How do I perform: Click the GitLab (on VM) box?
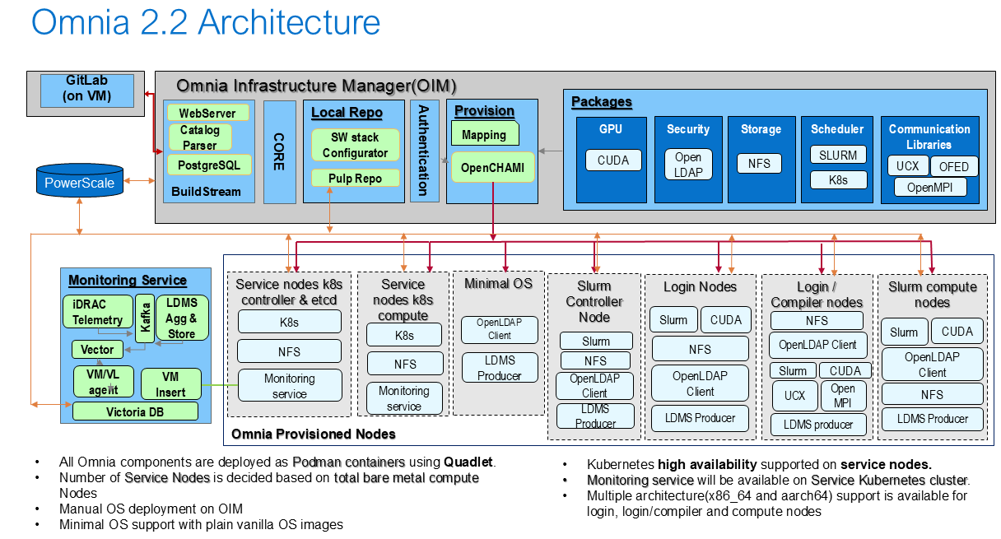pyautogui.click(x=87, y=91)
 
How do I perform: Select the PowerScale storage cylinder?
pyautogui.click(x=80, y=180)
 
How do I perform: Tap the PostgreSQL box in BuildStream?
pyautogui.click(x=209, y=165)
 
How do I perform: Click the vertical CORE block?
pyautogui.click(x=279, y=152)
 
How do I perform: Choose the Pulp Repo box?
pyautogui.click(x=356, y=179)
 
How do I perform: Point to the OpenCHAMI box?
pyautogui.click(x=493, y=168)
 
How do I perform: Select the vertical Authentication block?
pyautogui.click(x=424, y=151)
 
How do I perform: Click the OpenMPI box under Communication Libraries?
pyautogui.click(x=930, y=187)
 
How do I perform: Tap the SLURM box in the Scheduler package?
pyautogui.click(x=838, y=155)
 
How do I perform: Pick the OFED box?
pyautogui.click(x=954, y=166)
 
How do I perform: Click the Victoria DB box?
pyautogui.click(x=135, y=411)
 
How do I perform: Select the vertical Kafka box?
pyautogui.click(x=145, y=318)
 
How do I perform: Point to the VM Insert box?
pyautogui.click(x=170, y=384)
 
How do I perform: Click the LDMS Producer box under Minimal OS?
pyautogui.click(x=500, y=368)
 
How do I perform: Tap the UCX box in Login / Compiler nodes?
pyautogui.click(x=795, y=396)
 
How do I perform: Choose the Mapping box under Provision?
pyautogui.click(x=485, y=133)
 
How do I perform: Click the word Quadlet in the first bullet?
pyautogui.click(x=468, y=462)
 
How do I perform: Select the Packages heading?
pyautogui.click(x=602, y=102)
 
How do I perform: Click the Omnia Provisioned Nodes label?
pyautogui.click(x=314, y=434)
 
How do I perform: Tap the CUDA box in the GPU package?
pyautogui.click(x=613, y=160)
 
